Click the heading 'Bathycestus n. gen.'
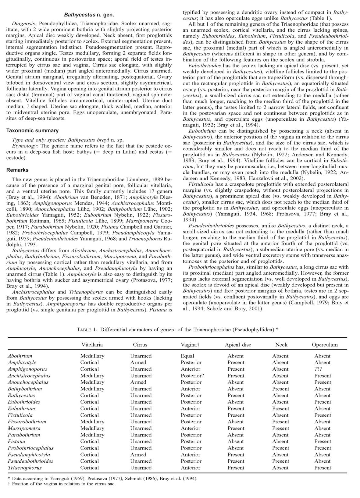[89, 15]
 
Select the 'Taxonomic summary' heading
[32, 130]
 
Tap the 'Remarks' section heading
[17, 170]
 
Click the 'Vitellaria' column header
[92, 345]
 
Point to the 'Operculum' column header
[325, 345]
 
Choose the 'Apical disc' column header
[238, 345]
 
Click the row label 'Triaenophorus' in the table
[25, 468]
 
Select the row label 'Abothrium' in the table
[20, 356]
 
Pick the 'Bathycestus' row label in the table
[21, 395]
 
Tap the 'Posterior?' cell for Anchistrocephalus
[192, 375]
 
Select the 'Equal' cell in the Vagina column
[187, 356]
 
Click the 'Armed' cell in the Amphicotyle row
[138, 362]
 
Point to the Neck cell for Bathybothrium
[280, 389]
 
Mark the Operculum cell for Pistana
[322, 441]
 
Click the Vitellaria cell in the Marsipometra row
[92, 428]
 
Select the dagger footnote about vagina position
[61, 483]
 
